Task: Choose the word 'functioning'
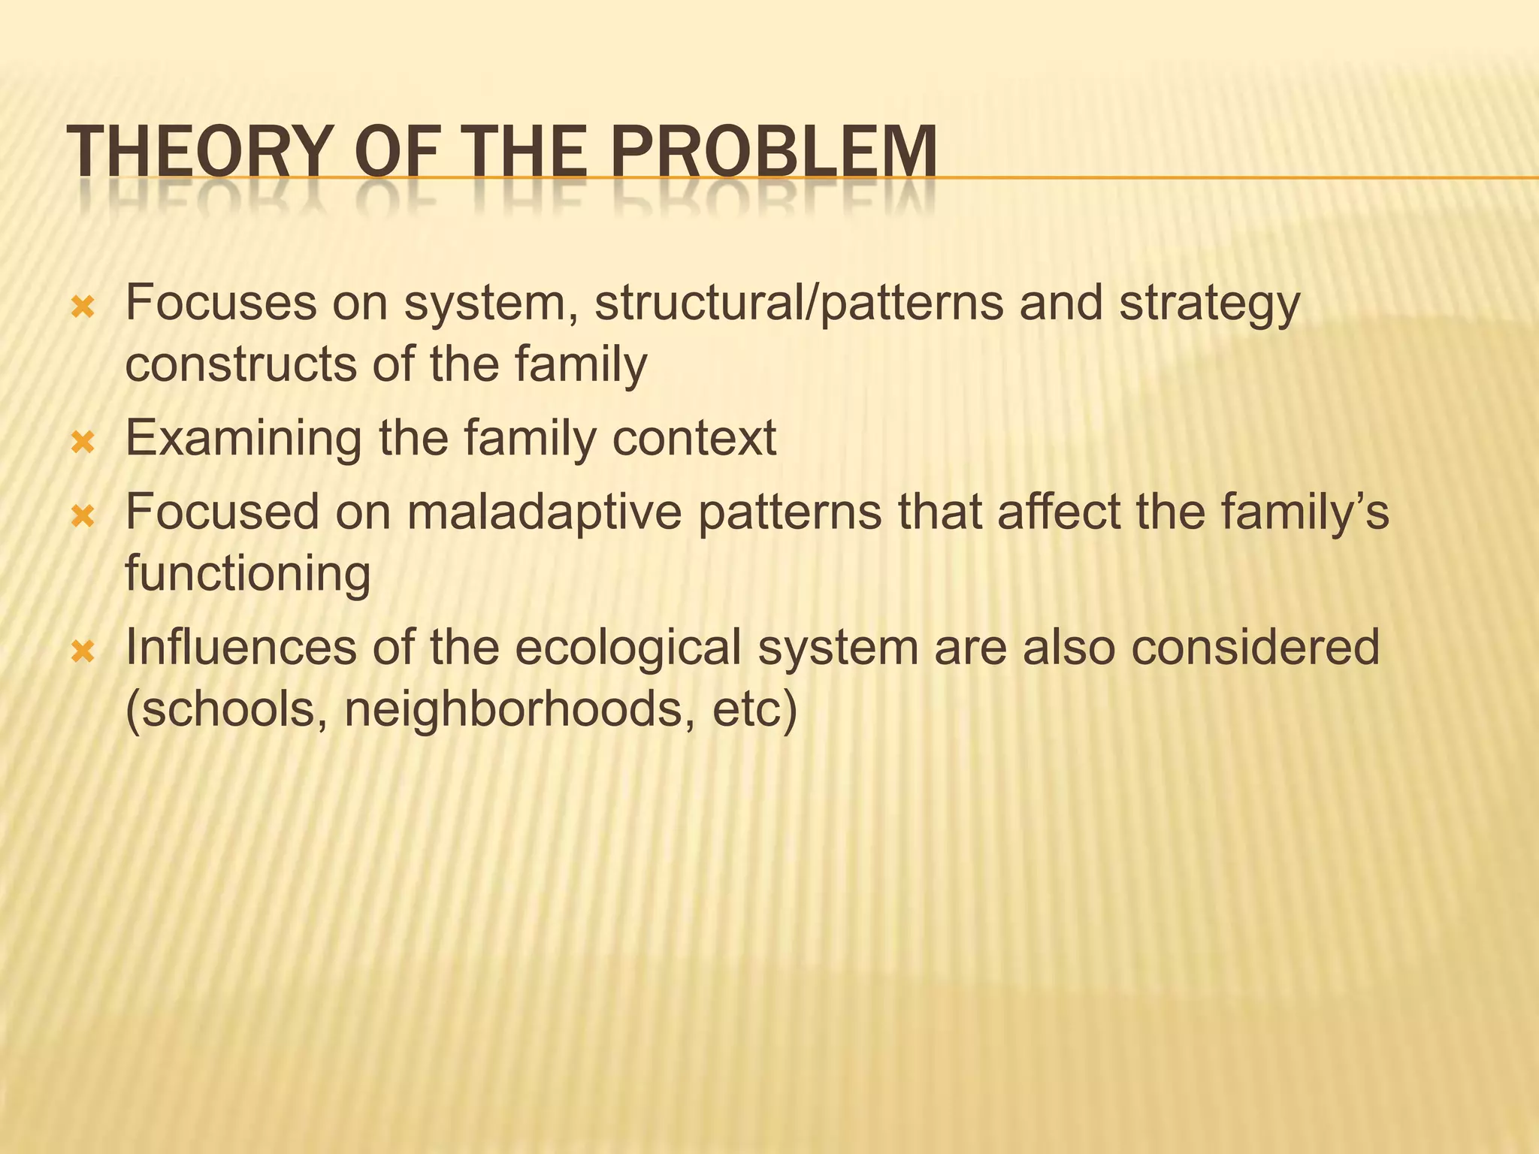tap(247, 575)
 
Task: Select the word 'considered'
tap(1255, 647)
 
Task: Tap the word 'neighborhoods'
tap(519, 710)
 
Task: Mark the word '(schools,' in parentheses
tap(226, 710)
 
